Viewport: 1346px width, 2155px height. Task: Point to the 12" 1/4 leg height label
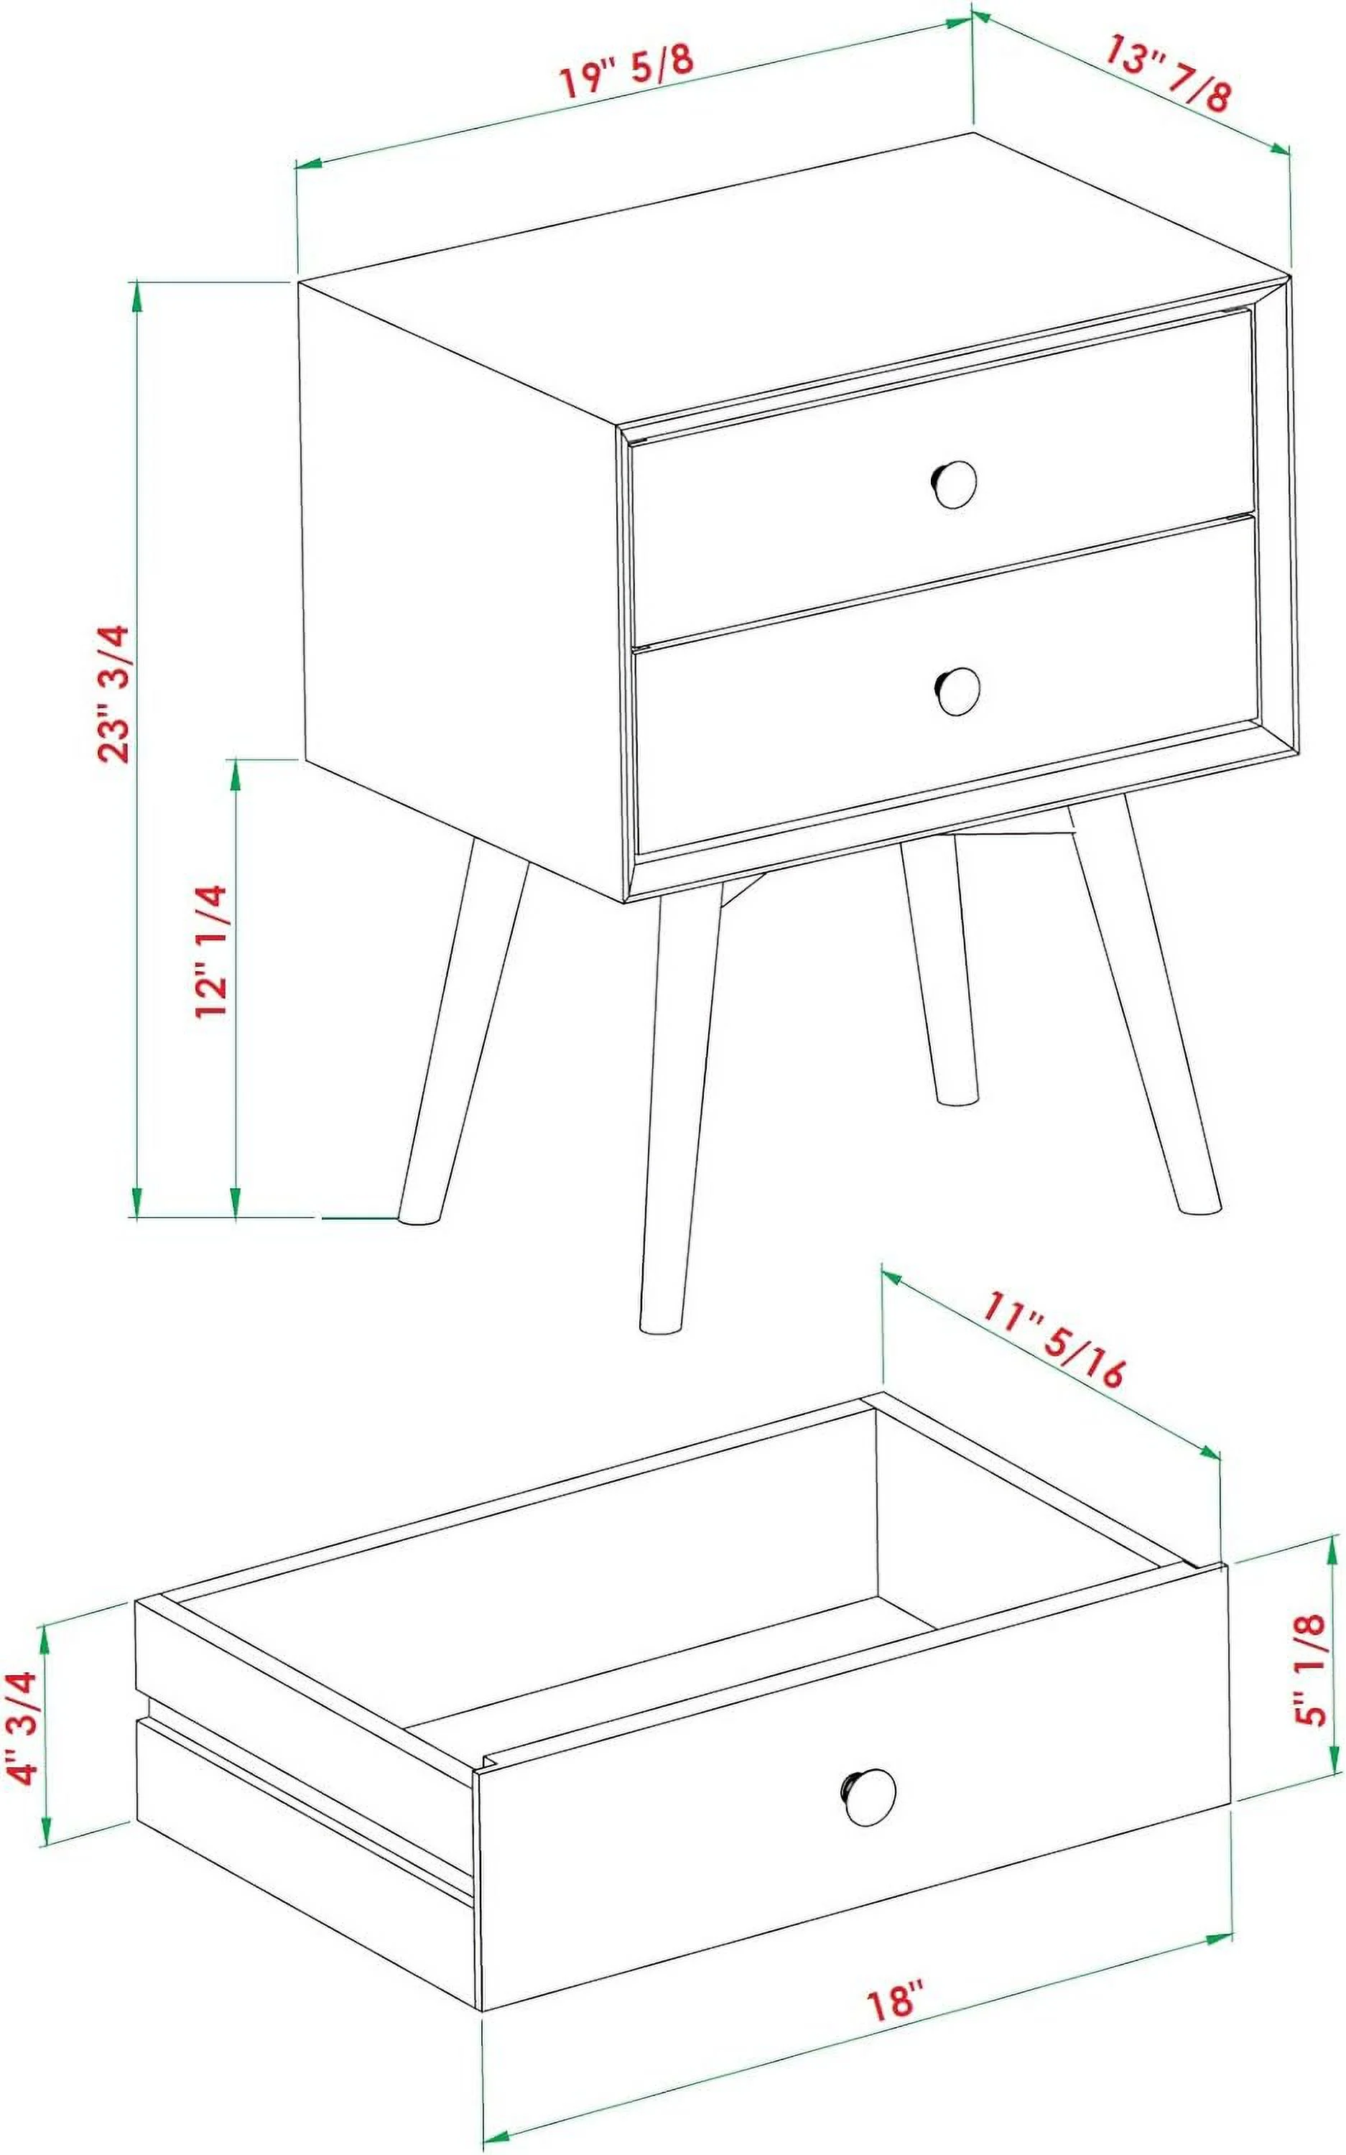click(213, 952)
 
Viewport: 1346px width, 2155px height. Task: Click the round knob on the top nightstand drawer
click(955, 484)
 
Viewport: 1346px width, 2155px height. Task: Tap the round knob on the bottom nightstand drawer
click(958, 690)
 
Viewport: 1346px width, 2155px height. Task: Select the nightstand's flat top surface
click(784, 276)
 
